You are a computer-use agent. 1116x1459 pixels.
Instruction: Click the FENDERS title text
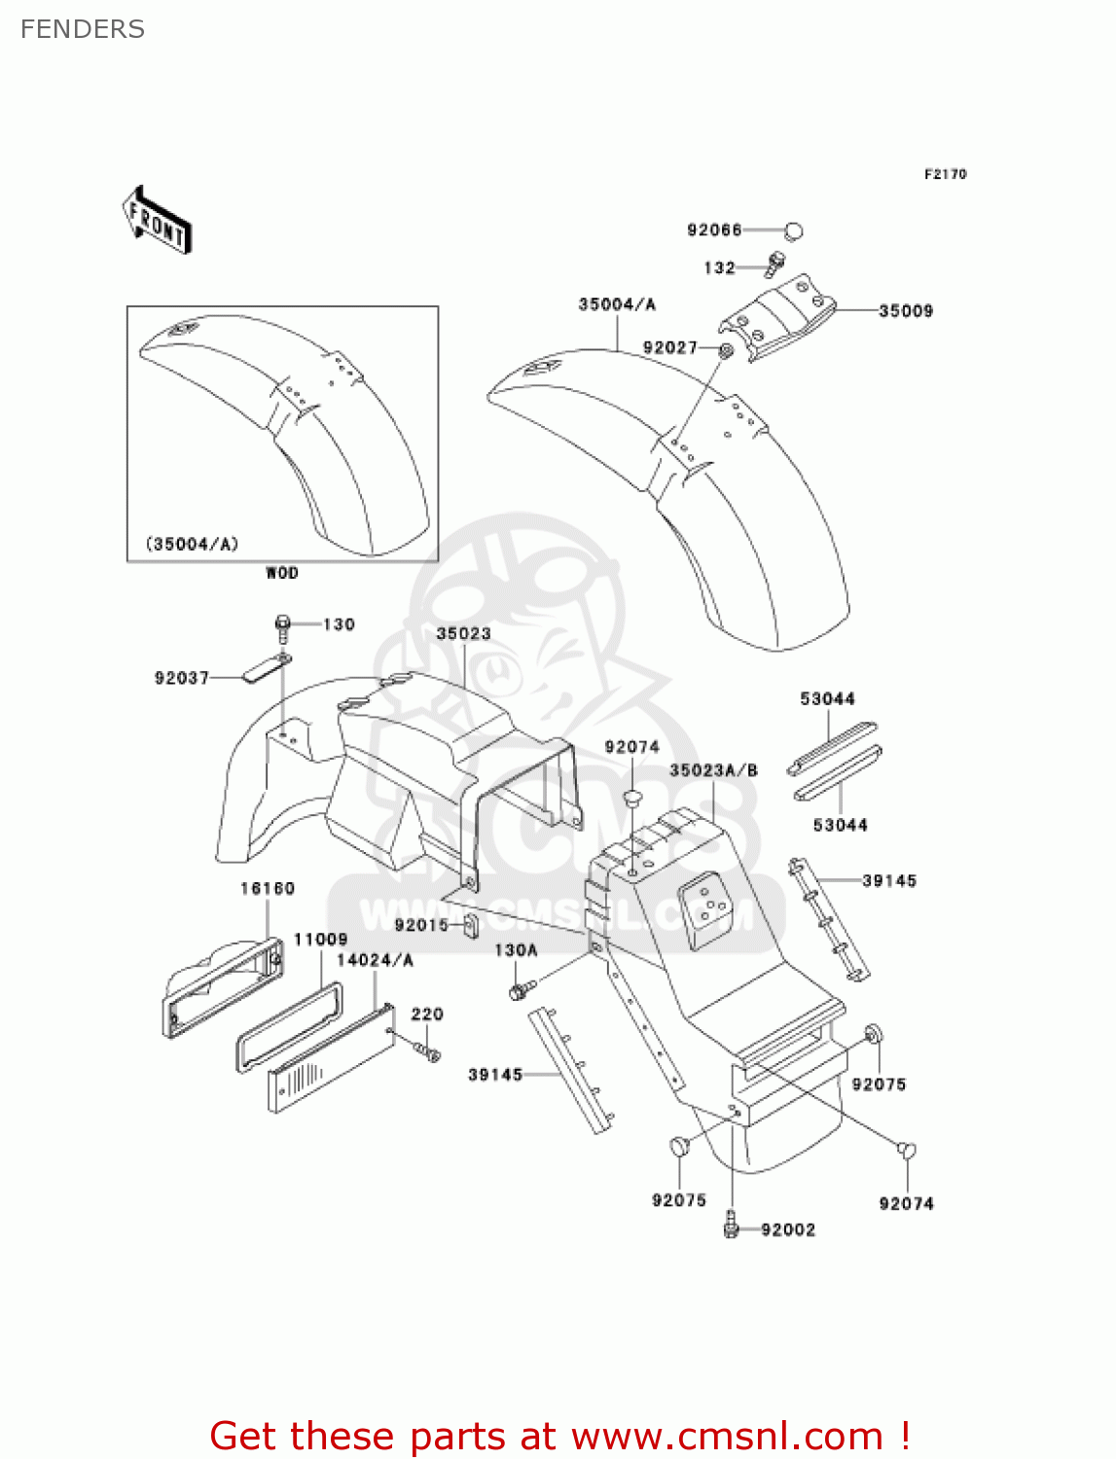click(x=83, y=29)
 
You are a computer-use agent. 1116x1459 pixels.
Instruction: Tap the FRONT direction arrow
click(x=157, y=221)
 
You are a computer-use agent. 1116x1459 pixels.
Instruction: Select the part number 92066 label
click(x=714, y=230)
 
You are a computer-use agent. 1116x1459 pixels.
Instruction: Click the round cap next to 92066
click(x=794, y=231)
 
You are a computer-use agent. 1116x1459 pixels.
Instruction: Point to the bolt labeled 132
click(x=775, y=263)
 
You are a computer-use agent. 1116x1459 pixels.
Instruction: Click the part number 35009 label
click(x=905, y=311)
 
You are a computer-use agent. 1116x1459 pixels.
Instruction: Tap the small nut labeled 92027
click(x=726, y=349)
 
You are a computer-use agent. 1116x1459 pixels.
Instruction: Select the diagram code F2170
click(x=945, y=174)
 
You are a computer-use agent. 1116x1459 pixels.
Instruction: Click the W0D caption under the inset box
click(x=282, y=573)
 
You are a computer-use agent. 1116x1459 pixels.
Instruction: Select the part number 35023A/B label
click(x=713, y=770)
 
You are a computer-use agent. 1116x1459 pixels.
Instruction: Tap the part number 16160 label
click(x=268, y=888)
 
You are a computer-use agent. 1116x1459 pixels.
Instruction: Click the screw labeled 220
click(x=427, y=1050)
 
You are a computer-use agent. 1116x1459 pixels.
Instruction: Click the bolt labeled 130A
click(x=520, y=990)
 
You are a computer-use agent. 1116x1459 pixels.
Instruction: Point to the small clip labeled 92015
click(x=469, y=925)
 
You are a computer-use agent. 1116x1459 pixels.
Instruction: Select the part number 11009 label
click(x=320, y=939)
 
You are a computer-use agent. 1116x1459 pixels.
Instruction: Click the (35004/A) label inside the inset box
click(x=192, y=544)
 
